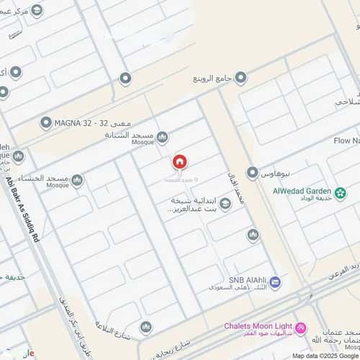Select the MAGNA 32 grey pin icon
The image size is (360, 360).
(46, 123)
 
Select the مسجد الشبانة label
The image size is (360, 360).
(130, 135)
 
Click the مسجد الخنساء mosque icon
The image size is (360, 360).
(76, 180)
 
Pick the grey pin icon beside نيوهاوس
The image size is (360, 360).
(252, 173)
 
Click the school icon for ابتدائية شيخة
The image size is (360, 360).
(225, 204)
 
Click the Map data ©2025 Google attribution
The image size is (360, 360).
(325, 356)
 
